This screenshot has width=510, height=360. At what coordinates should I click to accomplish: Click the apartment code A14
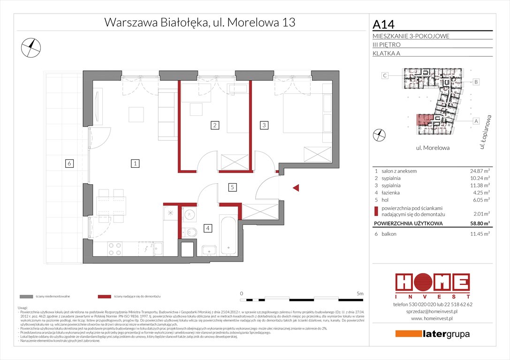[383, 23]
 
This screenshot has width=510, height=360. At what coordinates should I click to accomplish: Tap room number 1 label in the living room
[135, 164]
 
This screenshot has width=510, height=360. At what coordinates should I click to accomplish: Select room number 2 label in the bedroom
[214, 125]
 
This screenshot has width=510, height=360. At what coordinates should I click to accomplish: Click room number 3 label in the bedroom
[265, 125]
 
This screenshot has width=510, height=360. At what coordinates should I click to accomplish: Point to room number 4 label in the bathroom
[208, 228]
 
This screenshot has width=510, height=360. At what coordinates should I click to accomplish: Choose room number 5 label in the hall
[232, 187]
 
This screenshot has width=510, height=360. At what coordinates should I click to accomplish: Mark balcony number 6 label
[69, 164]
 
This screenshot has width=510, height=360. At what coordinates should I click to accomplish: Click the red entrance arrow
[296, 188]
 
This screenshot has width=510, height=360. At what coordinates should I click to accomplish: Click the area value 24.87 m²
[479, 171]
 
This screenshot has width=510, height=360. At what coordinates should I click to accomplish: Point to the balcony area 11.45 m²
[479, 233]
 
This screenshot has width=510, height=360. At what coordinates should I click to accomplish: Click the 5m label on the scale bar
[360, 293]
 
